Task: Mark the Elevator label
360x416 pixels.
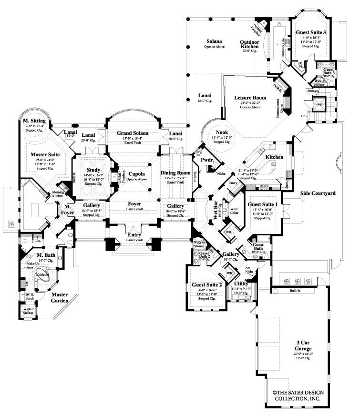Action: pos(319,104)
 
